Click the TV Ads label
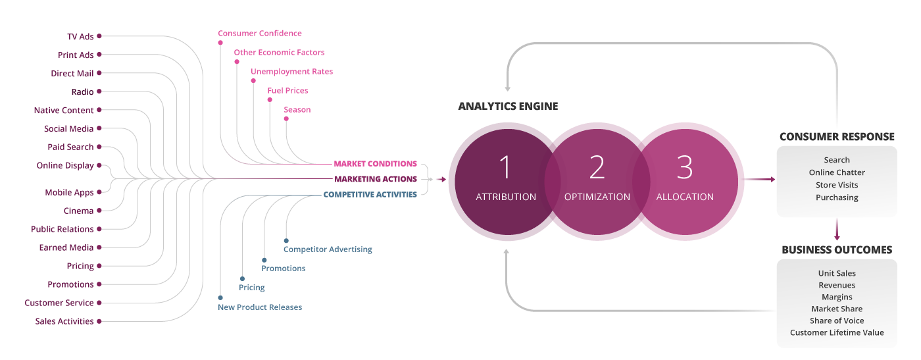80,37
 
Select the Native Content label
64,111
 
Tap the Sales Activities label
64,321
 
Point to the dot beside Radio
99,92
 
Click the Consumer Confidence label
260,34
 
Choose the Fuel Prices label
287,91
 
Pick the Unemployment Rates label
291,72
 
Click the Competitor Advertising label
328,249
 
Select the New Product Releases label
260,307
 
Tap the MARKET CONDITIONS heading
375,163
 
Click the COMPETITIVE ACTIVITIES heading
370,195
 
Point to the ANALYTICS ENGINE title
508,106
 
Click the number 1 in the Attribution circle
505,167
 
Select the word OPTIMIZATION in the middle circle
597,197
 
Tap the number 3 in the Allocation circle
684,167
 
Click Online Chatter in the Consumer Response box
837,172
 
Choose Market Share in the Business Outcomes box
837,309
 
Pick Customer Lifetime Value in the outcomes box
837,332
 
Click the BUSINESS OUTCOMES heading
837,250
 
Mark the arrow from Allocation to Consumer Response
757,179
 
